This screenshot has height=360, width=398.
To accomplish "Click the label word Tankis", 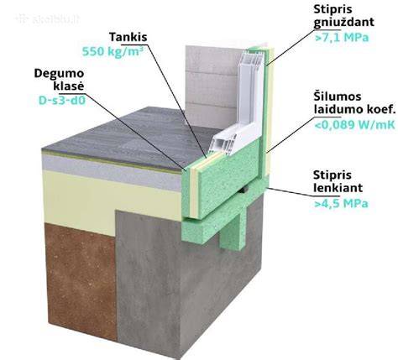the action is point(128,37).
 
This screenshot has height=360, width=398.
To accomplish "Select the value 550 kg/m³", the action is point(111,52).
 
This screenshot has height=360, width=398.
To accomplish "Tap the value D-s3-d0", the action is point(62,101).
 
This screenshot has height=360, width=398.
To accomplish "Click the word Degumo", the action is point(59,74).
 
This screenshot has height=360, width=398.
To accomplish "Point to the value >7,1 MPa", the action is point(341,38).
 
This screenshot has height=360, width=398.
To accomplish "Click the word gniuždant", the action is point(343,23).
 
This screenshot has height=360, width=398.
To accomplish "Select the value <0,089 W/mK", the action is point(354,125).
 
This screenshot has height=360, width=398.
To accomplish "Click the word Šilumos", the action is point(338,97).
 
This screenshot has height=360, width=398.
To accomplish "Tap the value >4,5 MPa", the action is point(341,203).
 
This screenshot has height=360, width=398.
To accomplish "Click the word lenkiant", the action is point(338,187).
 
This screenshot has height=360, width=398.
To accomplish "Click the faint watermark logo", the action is point(48,19).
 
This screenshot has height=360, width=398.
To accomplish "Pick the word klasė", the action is point(69,86).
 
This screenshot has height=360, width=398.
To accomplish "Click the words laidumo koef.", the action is point(354,109).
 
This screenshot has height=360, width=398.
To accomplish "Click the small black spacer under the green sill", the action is point(244,190).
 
